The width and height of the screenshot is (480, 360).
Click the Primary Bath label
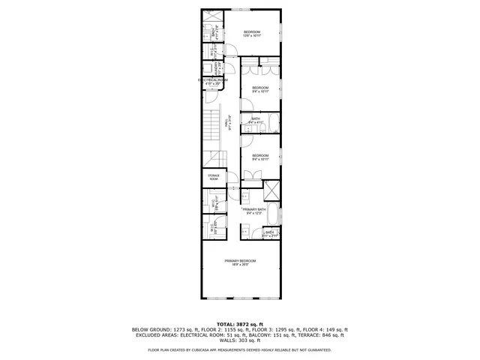pyautogui.click(x=254, y=209)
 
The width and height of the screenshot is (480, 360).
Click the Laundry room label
pyautogui.click(x=217, y=69)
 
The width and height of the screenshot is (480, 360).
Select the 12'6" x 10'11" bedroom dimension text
pyautogui.click(x=251, y=36)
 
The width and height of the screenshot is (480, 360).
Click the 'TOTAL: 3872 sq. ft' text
pyautogui.click(x=240, y=322)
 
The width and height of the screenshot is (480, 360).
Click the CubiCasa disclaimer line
pyautogui.click(x=240, y=349)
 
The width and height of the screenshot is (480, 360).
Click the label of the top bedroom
pyautogui.click(x=251, y=31)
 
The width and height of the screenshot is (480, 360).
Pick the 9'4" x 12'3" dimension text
pyautogui.click(x=254, y=214)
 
